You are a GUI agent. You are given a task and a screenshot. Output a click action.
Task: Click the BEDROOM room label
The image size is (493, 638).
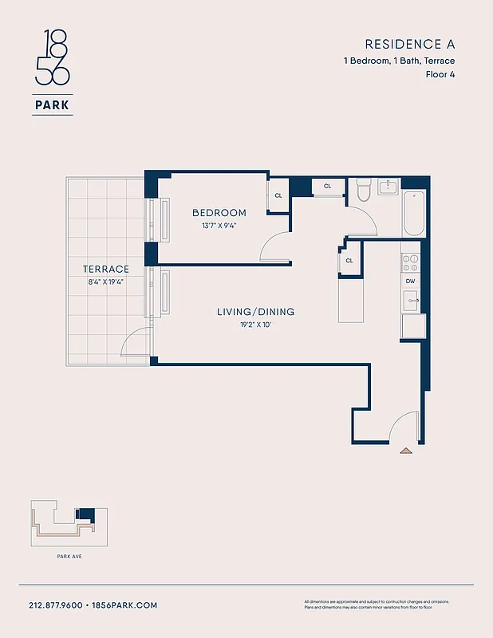[219, 213]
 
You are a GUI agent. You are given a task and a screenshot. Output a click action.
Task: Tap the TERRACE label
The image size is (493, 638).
[106, 270]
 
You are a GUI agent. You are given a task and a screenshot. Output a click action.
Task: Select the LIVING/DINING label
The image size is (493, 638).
[255, 312]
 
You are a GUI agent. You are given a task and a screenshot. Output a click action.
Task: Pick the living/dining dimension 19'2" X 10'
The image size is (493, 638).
[255, 325]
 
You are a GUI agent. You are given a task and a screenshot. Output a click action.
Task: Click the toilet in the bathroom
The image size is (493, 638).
[364, 190]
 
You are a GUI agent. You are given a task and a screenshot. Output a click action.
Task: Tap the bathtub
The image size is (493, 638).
[413, 213]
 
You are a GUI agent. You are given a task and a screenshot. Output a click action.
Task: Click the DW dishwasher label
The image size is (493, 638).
[410, 281]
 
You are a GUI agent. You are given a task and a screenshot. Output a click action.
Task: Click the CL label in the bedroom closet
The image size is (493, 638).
[278, 195]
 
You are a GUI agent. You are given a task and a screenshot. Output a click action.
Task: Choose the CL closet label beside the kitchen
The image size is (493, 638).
[349, 261]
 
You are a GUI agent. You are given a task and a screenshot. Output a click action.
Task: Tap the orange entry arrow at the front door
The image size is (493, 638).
[406, 451]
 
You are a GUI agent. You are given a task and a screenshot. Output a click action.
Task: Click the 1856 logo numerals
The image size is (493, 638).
[53, 58]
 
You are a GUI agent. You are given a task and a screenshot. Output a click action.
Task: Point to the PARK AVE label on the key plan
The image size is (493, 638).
[69, 556]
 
